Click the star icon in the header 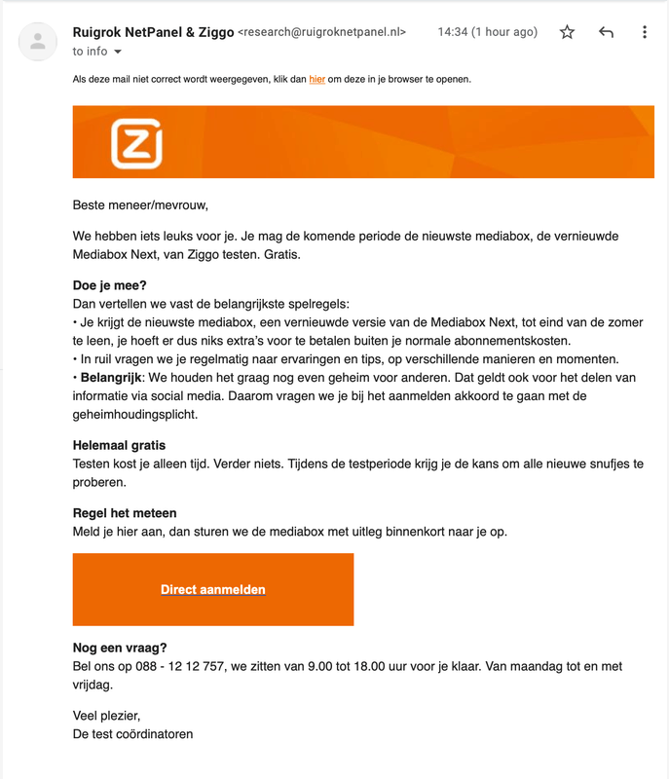[567, 32]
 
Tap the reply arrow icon [606, 32]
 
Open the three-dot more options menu [644, 32]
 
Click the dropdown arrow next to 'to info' [118, 52]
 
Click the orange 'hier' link [316, 79]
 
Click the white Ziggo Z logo [136, 143]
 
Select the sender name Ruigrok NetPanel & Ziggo [153, 32]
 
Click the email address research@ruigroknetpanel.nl [321, 32]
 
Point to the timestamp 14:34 [452, 32]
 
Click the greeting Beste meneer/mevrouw [140, 205]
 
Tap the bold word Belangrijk [112, 377]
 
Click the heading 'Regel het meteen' [125, 513]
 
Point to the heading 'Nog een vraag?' [120, 648]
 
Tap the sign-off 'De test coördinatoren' [132, 733]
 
